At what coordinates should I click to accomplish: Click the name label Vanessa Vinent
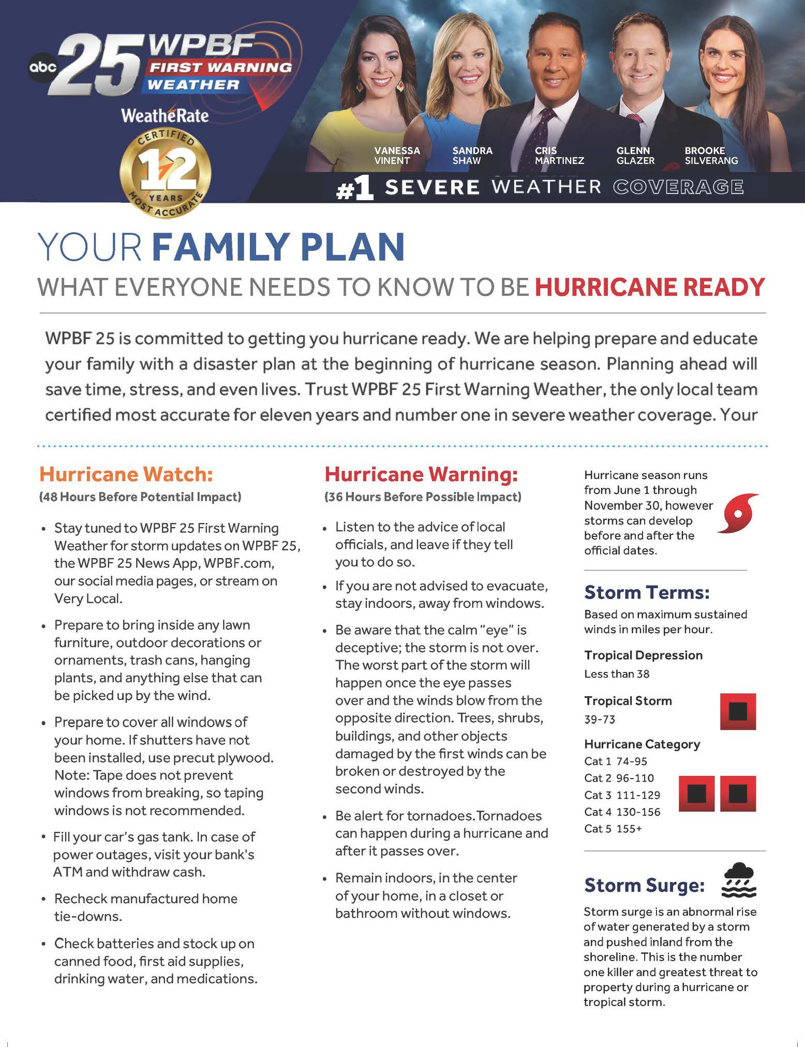397,155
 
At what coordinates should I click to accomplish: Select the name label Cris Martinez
559,155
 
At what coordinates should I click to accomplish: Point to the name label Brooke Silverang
711,155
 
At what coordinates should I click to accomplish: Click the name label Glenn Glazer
635,155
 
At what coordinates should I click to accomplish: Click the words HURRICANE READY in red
649,287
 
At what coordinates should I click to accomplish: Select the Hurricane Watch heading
126,474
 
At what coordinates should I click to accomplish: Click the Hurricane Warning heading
421,474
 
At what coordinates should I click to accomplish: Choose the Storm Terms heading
647,592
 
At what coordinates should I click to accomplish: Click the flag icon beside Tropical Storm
738,711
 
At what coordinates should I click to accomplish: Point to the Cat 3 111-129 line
622,795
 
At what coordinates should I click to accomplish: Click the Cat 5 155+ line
613,828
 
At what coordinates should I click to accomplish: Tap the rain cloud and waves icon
739,879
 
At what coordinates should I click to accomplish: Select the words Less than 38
616,674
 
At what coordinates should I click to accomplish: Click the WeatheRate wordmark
165,115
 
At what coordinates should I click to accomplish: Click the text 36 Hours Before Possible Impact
423,497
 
